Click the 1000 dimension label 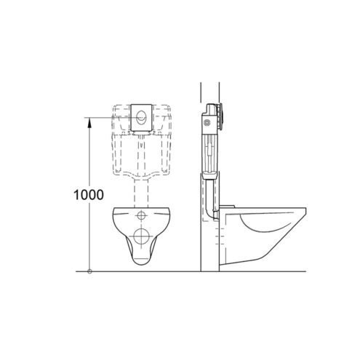click(x=89, y=194)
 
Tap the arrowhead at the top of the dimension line click(x=89, y=122)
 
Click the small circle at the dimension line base click(x=89, y=271)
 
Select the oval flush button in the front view click(x=141, y=117)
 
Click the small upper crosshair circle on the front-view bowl click(x=141, y=215)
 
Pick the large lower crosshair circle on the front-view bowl click(x=141, y=236)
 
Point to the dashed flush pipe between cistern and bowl click(x=141, y=193)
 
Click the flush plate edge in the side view click(x=220, y=118)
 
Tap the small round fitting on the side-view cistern click(x=207, y=123)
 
